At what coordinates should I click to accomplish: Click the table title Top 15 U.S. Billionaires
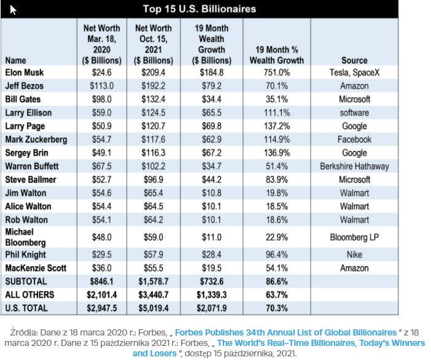pyautogui.click(x=199, y=9)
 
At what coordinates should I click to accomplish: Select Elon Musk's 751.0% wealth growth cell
pyautogui.click(x=276, y=73)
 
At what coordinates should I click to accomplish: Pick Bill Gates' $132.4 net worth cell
pyautogui.click(x=153, y=99)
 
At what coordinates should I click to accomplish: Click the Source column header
pyautogui.click(x=354, y=61)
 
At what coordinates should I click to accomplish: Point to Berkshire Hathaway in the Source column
pyautogui.click(x=354, y=166)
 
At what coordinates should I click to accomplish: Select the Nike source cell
pyautogui.click(x=354, y=255)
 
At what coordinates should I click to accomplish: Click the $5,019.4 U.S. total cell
pyautogui.click(x=153, y=308)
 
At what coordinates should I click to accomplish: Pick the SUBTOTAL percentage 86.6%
pyautogui.click(x=276, y=281)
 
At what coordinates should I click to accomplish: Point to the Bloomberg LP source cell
pyautogui.click(x=354, y=237)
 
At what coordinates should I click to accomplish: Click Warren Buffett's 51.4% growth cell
pyautogui.click(x=276, y=166)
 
